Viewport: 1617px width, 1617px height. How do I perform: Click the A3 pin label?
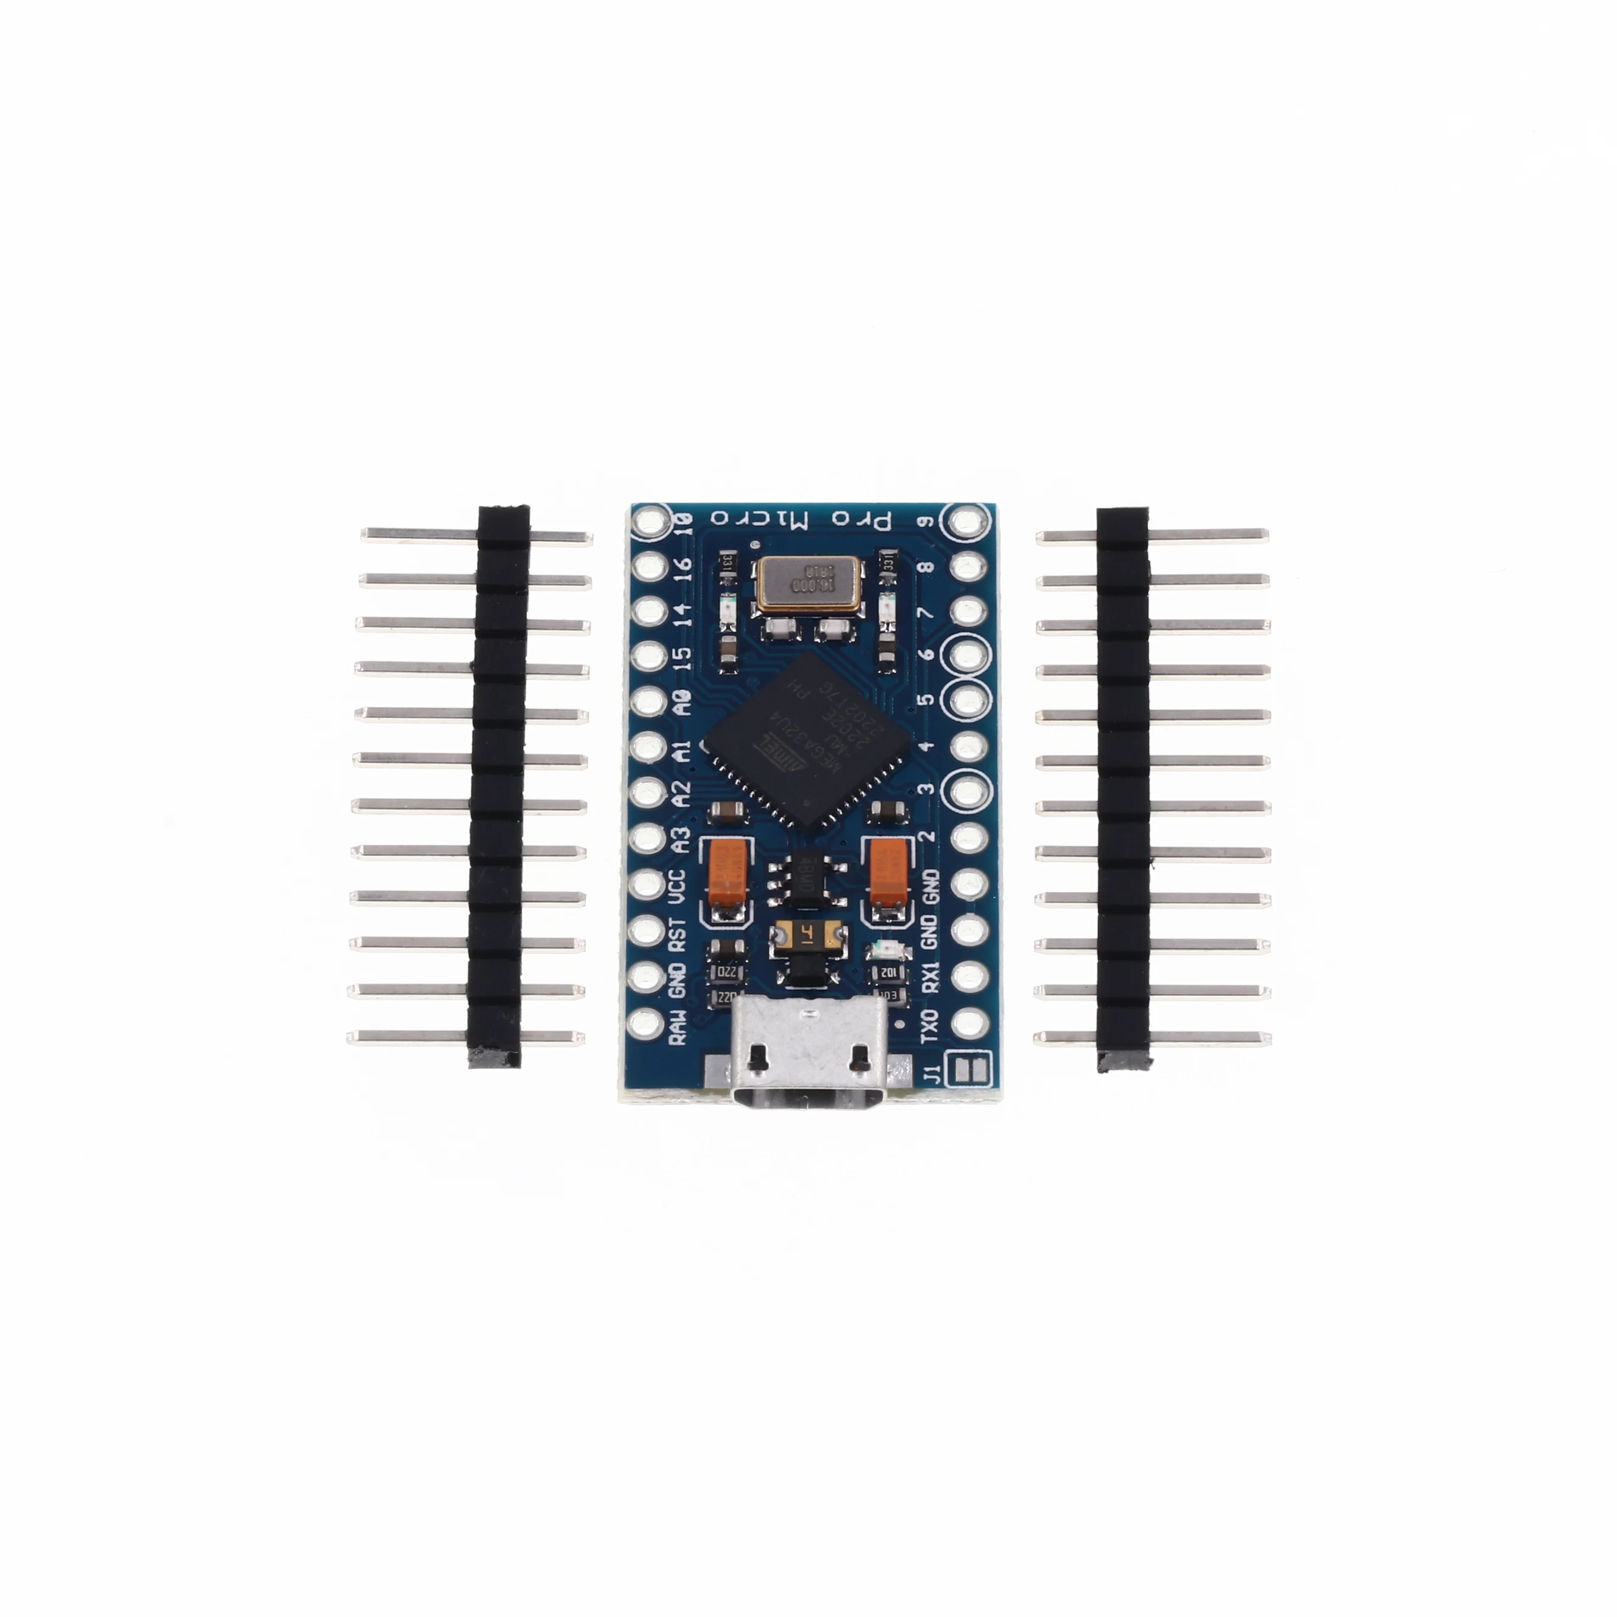(681, 840)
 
